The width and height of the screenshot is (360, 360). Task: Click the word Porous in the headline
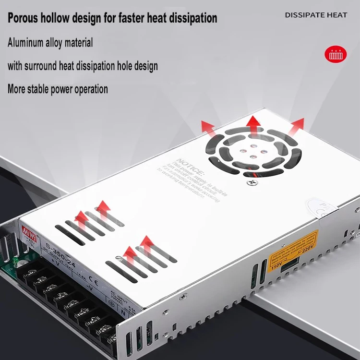(25, 18)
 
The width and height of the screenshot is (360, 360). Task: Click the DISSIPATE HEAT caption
(316, 15)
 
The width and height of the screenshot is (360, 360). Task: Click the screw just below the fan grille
(250, 181)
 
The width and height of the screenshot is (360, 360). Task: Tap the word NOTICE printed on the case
(190, 166)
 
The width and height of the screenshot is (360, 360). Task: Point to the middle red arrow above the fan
(253, 124)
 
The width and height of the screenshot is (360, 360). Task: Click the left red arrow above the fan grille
(208, 128)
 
